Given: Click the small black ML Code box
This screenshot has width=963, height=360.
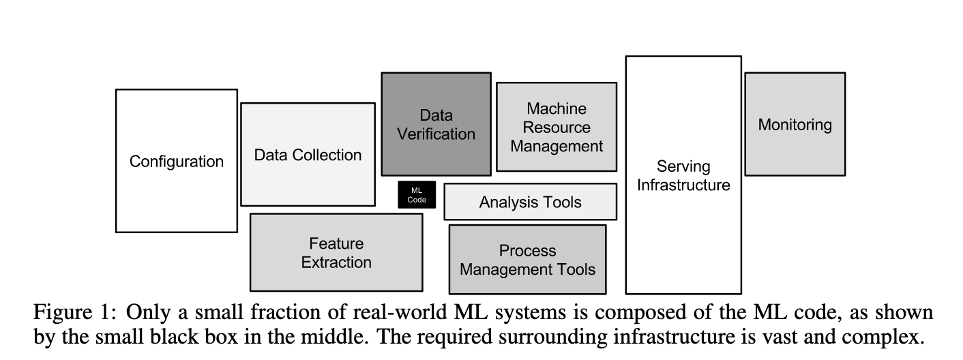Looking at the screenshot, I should coord(417,194).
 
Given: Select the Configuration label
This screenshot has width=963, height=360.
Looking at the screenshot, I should coord(177,162).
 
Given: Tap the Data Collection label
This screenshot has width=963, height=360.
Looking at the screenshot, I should coord(308,155).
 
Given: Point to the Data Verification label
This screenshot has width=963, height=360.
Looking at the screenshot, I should coord(436,125).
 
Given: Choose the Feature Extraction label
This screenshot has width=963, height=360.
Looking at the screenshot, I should coord(336,253).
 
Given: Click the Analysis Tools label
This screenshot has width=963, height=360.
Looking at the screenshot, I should coord(530,202).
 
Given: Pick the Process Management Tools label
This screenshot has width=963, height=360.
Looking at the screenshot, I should coord(527,260).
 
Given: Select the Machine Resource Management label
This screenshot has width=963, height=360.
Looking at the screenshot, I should coord(557,127).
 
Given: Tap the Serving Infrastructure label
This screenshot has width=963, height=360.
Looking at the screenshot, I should coord(683,175).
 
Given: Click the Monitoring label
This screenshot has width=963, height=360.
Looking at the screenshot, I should coord(795,125).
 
